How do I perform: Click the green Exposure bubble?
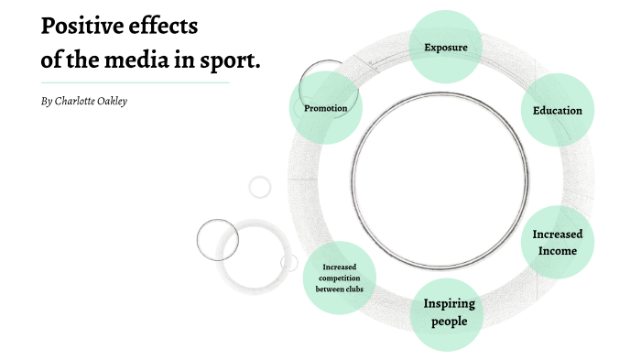point(446,47)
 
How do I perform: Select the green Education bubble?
point(558,110)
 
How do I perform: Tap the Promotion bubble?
point(326,108)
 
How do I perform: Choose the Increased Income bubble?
point(558,242)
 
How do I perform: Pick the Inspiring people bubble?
point(449,312)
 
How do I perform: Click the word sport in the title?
point(230,61)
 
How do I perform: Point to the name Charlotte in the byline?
point(81,101)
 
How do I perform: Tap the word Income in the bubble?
point(558,250)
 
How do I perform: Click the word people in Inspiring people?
point(450,322)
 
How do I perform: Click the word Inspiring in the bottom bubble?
point(449,303)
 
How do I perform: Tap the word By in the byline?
point(47,101)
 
